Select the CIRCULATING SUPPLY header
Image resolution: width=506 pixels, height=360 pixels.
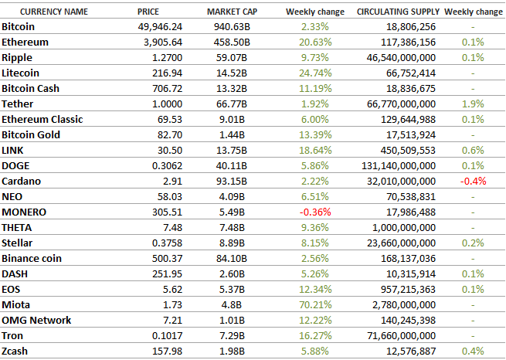pyautogui.click(x=399, y=12)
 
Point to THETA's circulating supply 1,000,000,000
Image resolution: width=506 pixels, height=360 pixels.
pyautogui.click(x=404, y=227)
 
